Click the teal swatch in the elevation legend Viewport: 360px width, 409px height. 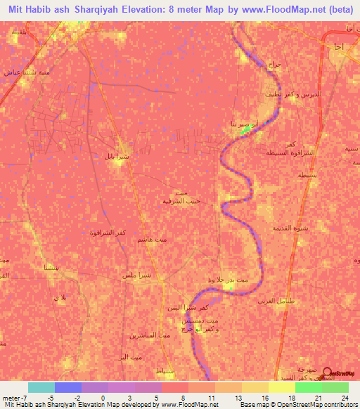tap(41, 387)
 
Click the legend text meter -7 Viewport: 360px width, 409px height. tap(15, 397)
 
